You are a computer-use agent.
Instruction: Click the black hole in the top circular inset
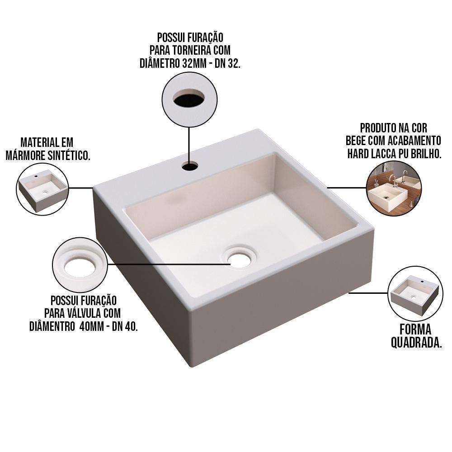point(189,99)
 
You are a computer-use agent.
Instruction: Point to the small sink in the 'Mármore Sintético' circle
point(42,190)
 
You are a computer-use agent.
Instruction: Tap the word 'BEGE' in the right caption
point(356,141)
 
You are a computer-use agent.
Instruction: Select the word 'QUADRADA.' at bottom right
point(416,343)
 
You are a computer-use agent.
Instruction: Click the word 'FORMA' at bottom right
point(415,330)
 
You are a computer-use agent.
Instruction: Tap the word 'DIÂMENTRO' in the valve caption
point(52,327)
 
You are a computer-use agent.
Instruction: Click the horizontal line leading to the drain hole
point(169,264)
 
